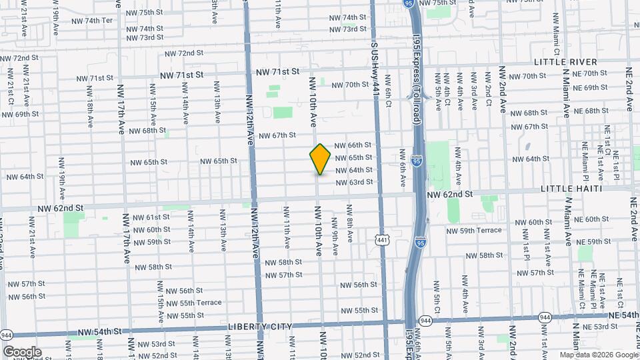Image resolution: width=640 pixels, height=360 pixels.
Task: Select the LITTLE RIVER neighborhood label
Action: coord(565,61)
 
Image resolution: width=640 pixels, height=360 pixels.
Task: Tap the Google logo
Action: coord(22,351)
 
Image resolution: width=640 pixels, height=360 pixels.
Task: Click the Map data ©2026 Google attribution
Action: coord(598,355)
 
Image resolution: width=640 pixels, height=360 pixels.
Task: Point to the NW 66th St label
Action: coord(353,145)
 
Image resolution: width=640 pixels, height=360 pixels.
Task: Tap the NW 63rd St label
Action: coord(353,182)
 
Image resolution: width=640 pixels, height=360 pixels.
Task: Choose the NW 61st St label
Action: coord(151,217)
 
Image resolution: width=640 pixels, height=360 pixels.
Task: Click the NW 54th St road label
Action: coord(99,331)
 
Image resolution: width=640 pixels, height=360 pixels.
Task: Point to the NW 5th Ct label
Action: coord(436,296)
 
